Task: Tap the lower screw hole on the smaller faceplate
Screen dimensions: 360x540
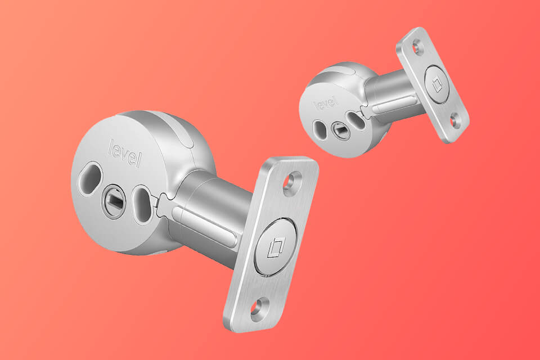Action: point(456,120)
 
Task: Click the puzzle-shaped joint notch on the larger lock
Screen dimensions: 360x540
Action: point(163,198)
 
